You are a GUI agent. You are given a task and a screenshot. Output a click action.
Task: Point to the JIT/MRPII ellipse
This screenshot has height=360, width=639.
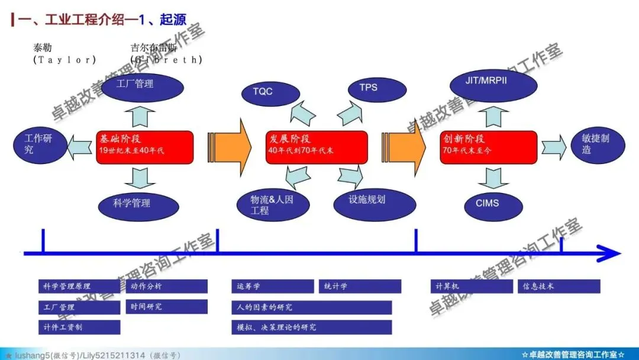coord(490,81)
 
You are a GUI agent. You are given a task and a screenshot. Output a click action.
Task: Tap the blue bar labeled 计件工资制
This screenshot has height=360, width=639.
coord(79,327)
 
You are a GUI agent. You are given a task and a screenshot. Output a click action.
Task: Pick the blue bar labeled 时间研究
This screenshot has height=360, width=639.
coord(166,307)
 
